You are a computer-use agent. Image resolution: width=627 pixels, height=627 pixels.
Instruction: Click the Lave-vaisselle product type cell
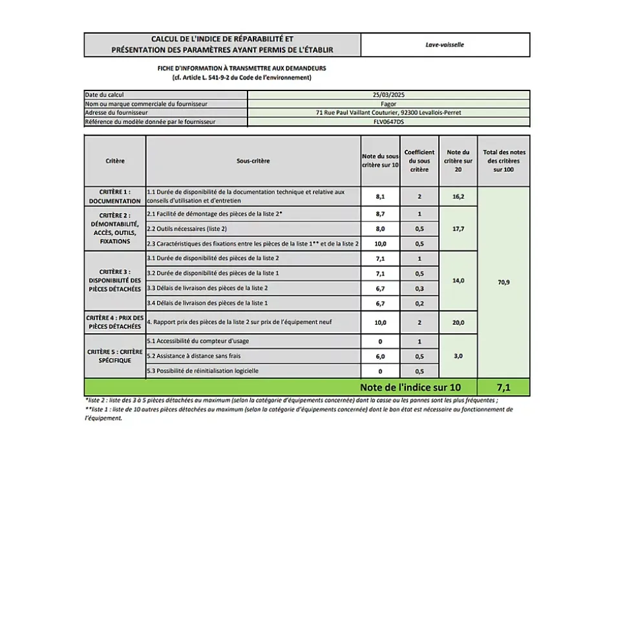coord(445,45)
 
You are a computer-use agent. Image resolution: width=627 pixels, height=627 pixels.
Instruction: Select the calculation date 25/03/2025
coord(388,94)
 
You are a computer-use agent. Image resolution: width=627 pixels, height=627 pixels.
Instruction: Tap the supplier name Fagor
coord(388,103)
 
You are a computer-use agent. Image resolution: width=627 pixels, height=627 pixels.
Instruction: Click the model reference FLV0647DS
coord(388,121)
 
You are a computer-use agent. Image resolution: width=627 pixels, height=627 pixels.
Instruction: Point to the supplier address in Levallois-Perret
coord(388,112)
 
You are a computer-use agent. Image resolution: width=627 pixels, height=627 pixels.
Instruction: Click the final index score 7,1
coord(504,387)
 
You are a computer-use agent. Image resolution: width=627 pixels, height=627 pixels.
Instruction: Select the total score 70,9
coord(504,282)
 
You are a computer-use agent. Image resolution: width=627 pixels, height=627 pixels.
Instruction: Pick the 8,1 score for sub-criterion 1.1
coord(380,196)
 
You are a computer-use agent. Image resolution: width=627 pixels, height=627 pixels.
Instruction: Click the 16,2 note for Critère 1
coord(458,196)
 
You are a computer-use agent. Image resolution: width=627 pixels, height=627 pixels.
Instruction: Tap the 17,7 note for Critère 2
coord(458,229)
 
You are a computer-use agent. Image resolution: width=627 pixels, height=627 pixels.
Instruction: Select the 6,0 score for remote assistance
coord(380,356)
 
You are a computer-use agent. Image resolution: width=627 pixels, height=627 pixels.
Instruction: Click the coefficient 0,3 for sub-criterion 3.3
coord(419,288)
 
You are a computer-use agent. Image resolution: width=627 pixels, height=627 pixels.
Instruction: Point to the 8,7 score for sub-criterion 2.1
coord(380,213)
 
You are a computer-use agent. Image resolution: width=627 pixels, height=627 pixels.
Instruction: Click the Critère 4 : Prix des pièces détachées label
coord(114,322)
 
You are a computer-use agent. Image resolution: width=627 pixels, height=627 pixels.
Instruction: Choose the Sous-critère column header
coord(253,161)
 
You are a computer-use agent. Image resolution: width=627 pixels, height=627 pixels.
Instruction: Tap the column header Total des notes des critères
coord(504,161)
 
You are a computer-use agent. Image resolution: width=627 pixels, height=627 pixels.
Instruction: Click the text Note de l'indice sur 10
coord(410,387)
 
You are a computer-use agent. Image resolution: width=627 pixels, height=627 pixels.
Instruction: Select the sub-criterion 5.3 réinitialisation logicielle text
coord(203,371)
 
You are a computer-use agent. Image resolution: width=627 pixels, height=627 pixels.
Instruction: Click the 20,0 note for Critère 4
coord(458,322)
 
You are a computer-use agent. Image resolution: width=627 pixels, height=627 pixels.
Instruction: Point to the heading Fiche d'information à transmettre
coord(242,68)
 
